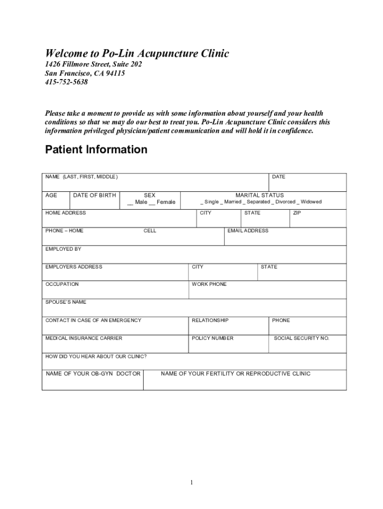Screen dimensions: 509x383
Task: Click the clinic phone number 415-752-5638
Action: pyautogui.click(x=66, y=82)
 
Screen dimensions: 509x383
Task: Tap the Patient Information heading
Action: pyautogui.click(x=96, y=150)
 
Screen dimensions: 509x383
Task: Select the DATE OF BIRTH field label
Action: pyautogui.click(x=95, y=195)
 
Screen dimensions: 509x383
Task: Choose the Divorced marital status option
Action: pyautogui.click(x=283, y=202)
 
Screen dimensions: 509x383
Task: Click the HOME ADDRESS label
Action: pyautogui.click(x=66, y=213)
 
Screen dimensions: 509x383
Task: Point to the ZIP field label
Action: pyautogui.click(x=297, y=213)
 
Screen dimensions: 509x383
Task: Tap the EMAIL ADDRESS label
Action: pyautogui.click(x=248, y=231)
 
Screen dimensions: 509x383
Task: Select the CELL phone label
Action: pyautogui.click(x=150, y=231)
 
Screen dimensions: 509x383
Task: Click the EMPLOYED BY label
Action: pyautogui.click(x=63, y=249)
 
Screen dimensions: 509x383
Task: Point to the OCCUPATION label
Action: pyautogui.click(x=62, y=284)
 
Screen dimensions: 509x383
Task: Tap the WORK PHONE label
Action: pyautogui.click(x=209, y=284)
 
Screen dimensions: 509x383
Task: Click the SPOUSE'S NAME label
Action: pyautogui.click(x=66, y=302)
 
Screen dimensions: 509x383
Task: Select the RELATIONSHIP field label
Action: pyautogui.click(x=210, y=320)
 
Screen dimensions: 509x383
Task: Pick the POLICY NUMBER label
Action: pyautogui.click(x=212, y=338)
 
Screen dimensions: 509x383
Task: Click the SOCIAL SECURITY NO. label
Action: pyautogui.click(x=302, y=338)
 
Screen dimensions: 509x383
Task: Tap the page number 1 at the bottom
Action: pyautogui.click(x=191, y=483)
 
